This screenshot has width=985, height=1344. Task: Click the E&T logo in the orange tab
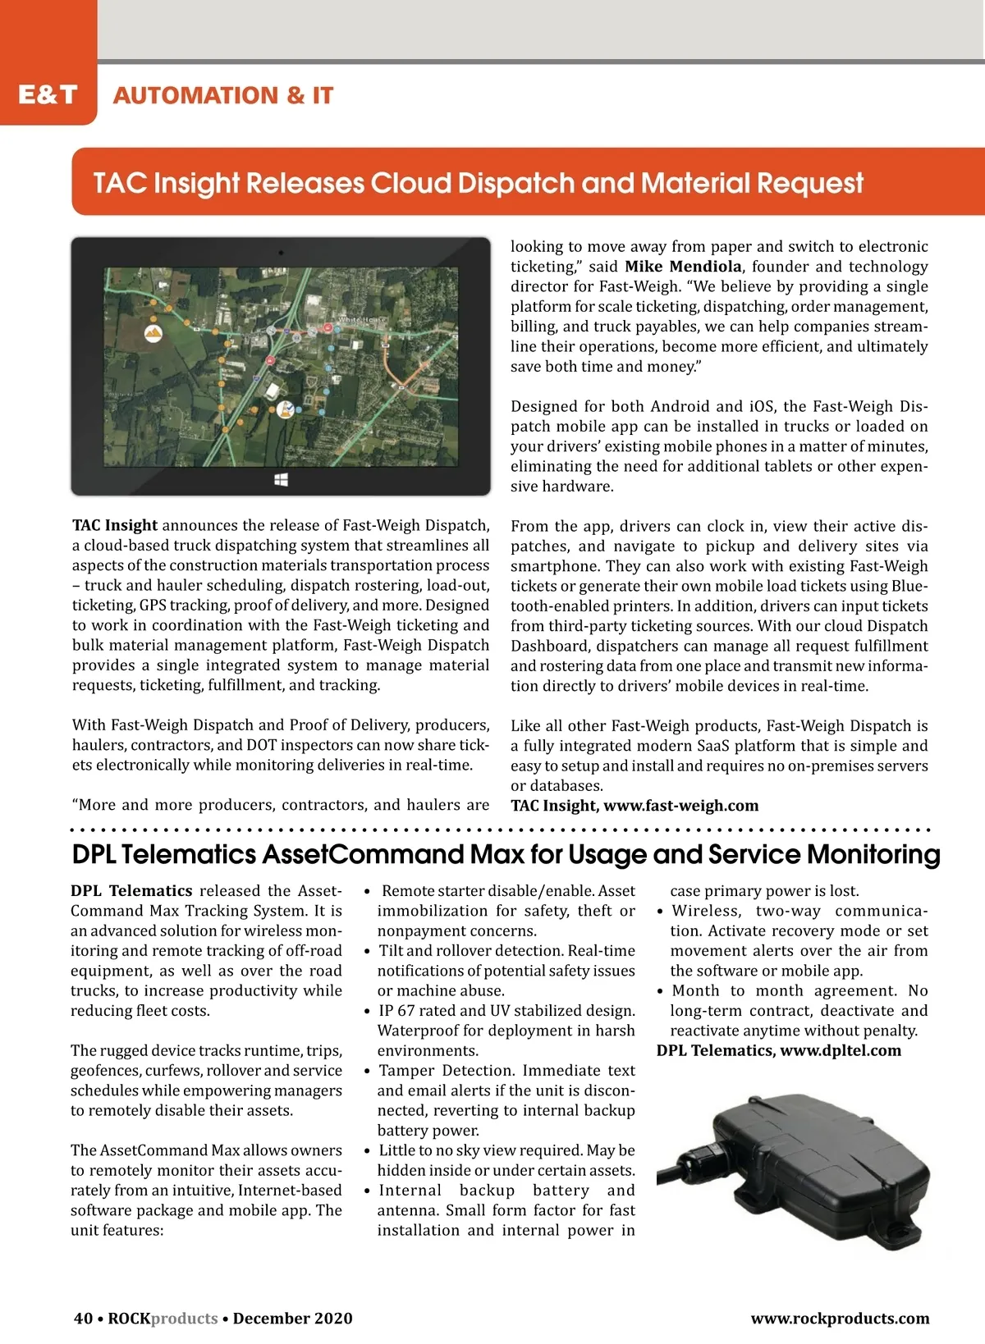point(48,94)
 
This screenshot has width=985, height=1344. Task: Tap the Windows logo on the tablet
point(281,478)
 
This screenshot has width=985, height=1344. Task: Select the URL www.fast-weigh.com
point(680,806)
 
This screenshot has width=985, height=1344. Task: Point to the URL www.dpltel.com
point(841,1051)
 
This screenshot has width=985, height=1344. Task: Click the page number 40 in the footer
point(83,1319)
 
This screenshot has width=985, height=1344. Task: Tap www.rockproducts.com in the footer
point(840,1319)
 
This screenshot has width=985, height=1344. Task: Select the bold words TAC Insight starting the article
point(115,526)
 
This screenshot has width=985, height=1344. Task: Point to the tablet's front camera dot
point(281,253)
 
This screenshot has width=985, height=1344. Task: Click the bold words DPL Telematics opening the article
point(131,891)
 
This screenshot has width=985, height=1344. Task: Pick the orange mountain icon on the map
point(153,333)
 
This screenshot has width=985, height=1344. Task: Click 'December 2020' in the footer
point(292,1319)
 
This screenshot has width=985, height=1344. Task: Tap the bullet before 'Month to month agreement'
point(660,991)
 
